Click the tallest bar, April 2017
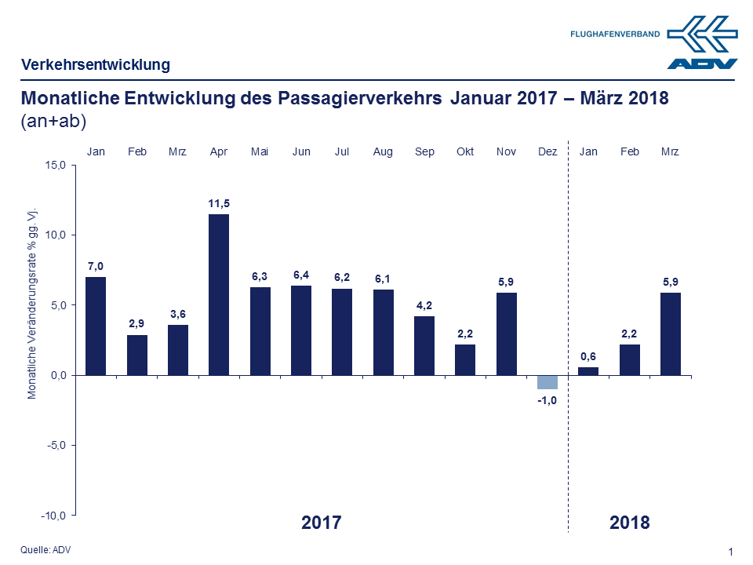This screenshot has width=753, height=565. point(219,294)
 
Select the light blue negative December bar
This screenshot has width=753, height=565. point(547,382)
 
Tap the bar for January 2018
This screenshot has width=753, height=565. point(588,371)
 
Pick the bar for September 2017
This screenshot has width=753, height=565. point(424,345)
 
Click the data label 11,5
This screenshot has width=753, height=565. point(219,203)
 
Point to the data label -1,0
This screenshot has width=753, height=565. point(547,400)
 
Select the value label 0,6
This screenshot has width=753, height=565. point(588,356)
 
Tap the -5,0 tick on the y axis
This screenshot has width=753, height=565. point(57,445)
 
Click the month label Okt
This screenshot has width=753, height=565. point(465,151)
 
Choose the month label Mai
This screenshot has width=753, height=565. point(260,151)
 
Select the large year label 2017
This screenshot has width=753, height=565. point(322,523)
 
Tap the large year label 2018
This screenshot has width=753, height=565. point(630,523)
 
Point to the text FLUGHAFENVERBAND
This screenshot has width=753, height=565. point(614,35)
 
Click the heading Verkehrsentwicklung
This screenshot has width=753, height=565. point(96,64)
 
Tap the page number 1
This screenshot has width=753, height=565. point(731,552)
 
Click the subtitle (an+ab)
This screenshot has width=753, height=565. point(53,121)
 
